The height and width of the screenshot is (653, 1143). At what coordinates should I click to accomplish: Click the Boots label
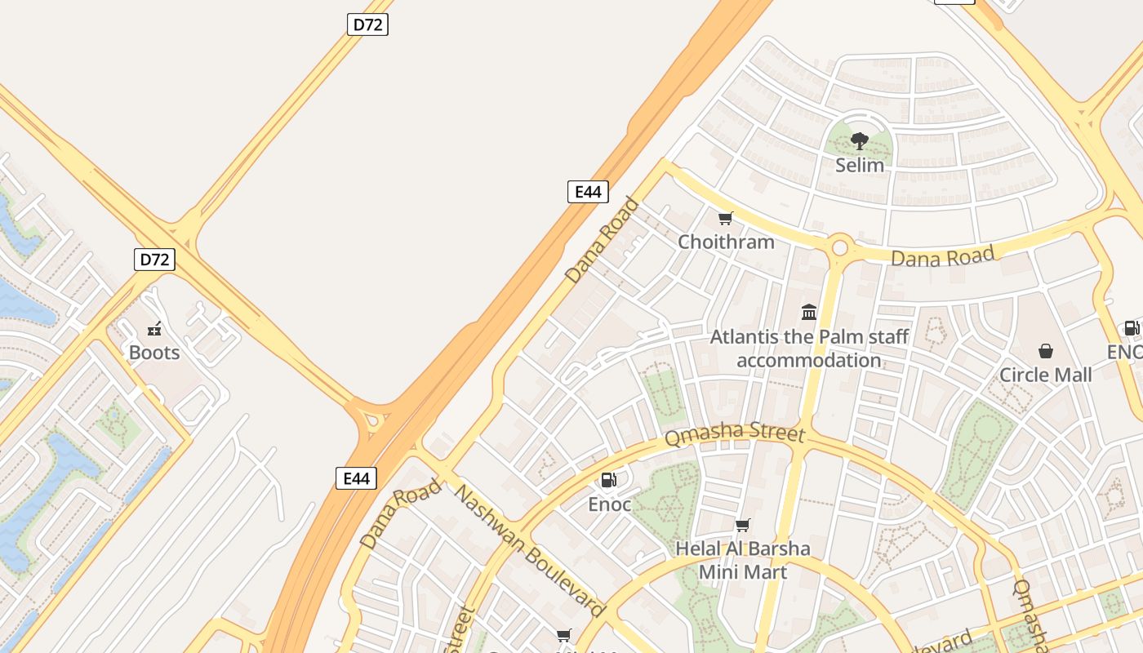pos(154,353)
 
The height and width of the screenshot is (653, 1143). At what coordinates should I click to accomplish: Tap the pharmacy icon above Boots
pos(154,330)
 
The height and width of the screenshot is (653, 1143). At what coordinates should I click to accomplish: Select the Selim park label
pos(859,165)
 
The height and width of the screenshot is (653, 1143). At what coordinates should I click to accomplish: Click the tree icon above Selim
pos(859,141)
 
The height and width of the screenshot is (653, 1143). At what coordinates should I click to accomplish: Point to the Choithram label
pos(726,242)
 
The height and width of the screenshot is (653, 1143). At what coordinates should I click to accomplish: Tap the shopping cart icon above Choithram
pos(725,218)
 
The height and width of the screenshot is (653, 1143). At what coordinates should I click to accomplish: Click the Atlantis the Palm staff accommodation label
pos(809,349)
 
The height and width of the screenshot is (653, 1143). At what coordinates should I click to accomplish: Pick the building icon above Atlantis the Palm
pos(809,312)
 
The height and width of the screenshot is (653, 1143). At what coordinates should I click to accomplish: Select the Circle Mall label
pos(1045,375)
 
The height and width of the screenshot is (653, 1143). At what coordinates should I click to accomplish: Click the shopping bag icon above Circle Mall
pos(1045,351)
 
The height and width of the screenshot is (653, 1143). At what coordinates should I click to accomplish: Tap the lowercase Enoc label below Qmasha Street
pos(609,504)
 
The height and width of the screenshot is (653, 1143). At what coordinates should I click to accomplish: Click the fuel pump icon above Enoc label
pos(609,480)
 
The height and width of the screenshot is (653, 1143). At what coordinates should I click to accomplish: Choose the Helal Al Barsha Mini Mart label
pos(742,560)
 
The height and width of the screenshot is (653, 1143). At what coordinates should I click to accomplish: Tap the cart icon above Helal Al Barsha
pos(742,525)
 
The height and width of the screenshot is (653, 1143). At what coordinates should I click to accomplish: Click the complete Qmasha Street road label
pos(735,436)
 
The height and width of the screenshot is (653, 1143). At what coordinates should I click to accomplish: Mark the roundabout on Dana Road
pos(839,247)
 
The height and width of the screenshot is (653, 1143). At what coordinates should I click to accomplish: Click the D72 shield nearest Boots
pos(154,260)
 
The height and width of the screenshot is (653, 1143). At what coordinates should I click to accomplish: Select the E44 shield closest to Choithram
pos(588,192)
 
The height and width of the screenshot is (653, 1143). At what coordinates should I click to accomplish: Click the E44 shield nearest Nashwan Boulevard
pos(357,478)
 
